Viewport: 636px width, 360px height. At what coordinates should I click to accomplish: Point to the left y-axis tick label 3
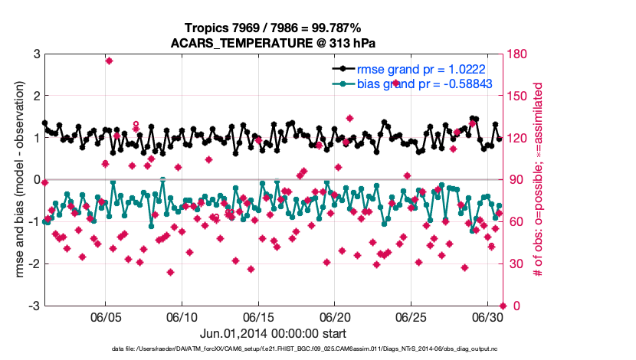click(x=36, y=54)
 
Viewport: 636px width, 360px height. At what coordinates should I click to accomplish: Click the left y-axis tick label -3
click(x=34, y=306)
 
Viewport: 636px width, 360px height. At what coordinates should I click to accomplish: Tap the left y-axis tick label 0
click(x=36, y=180)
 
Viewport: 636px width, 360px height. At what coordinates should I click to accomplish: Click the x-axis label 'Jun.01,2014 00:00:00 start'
click(x=273, y=334)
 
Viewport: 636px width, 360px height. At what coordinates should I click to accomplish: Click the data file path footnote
click(x=273, y=349)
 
